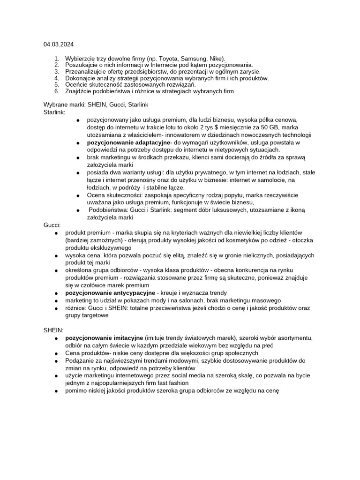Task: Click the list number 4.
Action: (x=57, y=78)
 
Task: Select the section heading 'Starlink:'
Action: (x=55, y=112)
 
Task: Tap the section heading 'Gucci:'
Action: (x=52, y=225)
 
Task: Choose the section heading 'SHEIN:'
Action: (x=53, y=330)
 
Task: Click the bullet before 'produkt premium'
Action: (x=56, y=233)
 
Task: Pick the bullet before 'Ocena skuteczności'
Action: (x=78, y=195)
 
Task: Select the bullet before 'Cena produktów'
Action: (x=56, y=353)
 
